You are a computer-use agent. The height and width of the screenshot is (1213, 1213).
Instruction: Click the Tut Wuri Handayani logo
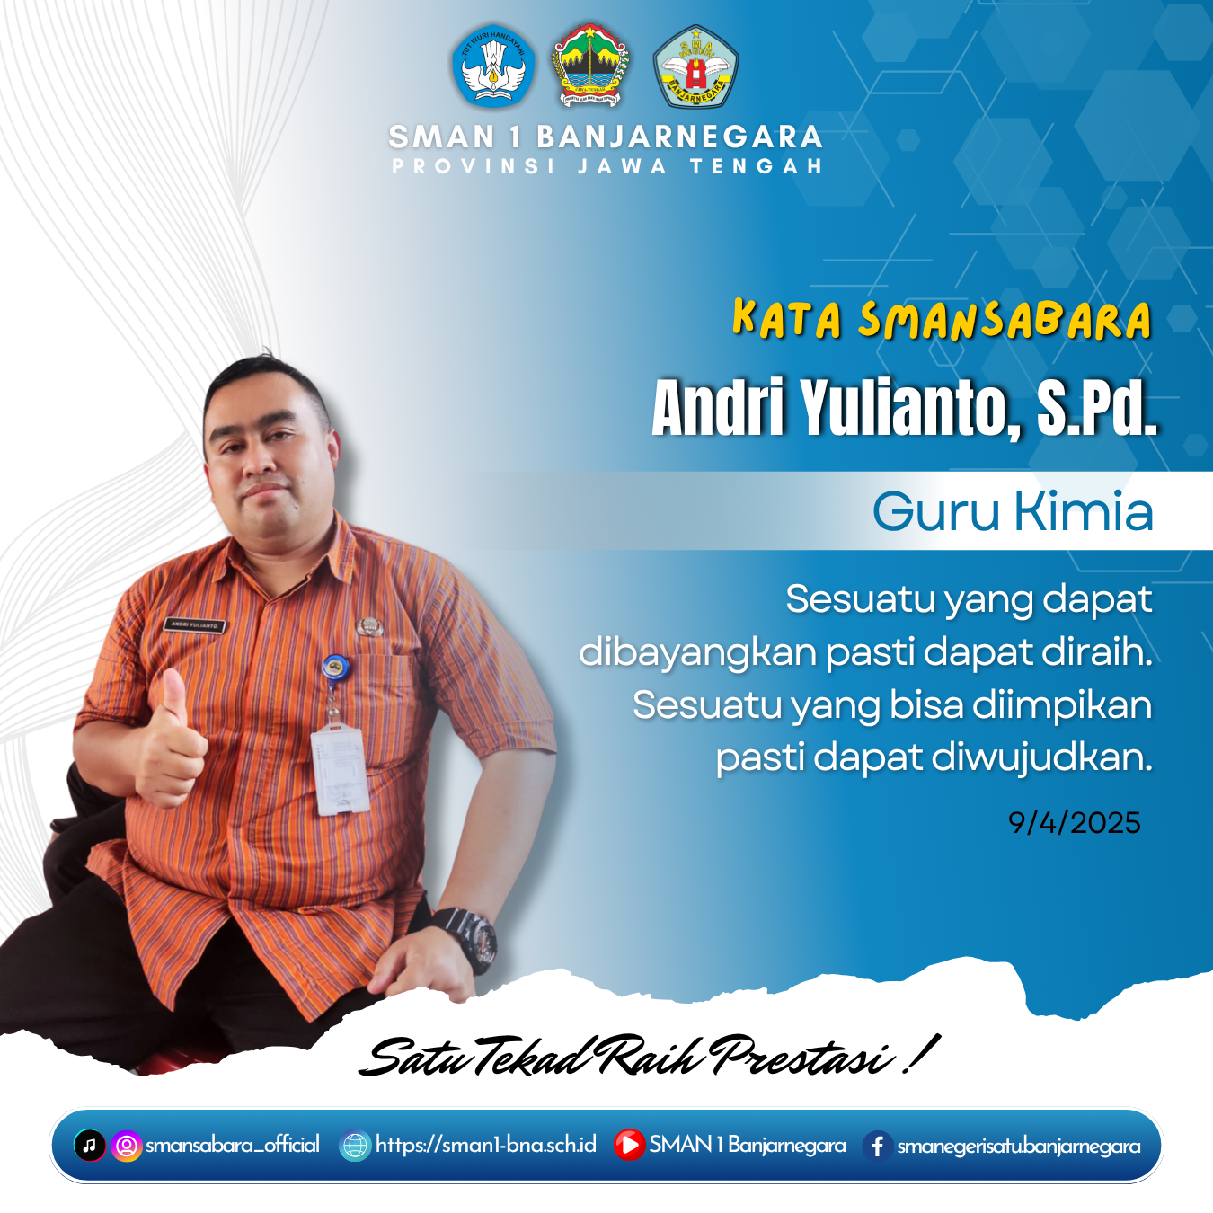click(493, 66)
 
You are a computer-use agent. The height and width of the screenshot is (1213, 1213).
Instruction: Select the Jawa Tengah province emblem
click(589, 66)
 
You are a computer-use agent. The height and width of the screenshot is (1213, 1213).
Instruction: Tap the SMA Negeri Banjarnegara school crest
click(695, 66)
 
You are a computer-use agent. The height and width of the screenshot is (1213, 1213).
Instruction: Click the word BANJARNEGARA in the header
click(679, 137)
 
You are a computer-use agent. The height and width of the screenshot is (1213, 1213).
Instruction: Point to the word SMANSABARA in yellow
click(1005, 320)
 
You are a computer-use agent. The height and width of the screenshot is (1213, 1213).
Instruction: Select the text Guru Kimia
click(1013, 510)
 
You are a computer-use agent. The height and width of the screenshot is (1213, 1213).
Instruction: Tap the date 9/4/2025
click(1074, 823)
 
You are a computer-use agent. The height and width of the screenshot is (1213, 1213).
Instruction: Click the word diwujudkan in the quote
click(1041, 757)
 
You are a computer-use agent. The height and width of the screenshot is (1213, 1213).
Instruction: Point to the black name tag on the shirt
click(194, 625)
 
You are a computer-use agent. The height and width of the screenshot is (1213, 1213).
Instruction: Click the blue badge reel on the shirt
click(334, 666)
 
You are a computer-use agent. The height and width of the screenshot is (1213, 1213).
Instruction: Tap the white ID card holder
click(340, 768)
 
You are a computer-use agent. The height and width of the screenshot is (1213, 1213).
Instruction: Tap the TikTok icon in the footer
click(89, 1145)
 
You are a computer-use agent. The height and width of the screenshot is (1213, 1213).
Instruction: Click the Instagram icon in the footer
click(127, 1145)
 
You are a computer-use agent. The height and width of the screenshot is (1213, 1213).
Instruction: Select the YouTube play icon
click(629, 1145)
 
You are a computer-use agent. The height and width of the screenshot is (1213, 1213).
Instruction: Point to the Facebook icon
click(878, 1146)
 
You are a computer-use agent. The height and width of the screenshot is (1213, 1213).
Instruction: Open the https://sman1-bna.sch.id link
click(485, 1145)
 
